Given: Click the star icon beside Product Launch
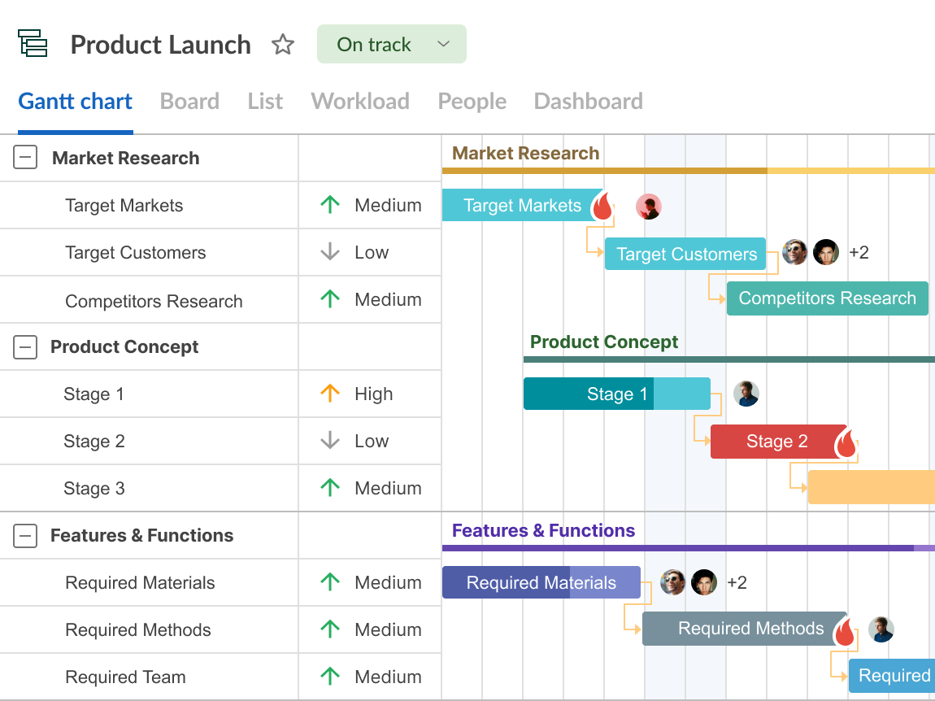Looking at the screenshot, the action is [283, 45].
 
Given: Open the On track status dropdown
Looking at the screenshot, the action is [391, 44].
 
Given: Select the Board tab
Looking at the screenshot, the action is [189, 102].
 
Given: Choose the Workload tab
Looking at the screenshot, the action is [360, 102].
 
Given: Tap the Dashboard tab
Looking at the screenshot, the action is [588, 102].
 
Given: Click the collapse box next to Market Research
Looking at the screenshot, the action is [25, 158].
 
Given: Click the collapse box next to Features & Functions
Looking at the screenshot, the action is [25, 535].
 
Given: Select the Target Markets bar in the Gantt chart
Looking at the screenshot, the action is [522, 205].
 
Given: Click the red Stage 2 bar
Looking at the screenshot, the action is [777, 442].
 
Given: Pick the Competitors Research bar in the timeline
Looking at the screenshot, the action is [827, 298].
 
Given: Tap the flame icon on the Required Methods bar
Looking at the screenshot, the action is [845, 631].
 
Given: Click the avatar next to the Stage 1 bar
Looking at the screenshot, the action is [746, 394].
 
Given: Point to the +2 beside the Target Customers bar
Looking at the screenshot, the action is [859, 252].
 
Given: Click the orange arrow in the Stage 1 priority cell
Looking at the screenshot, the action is [330, 393].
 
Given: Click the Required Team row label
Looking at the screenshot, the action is [125, 677].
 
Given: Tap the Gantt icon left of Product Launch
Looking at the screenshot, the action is [33, 44].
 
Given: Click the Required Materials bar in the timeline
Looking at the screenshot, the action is [541, 582].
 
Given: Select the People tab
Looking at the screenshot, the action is [472, 102].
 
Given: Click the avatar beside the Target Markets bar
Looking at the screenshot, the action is [648, 207].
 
